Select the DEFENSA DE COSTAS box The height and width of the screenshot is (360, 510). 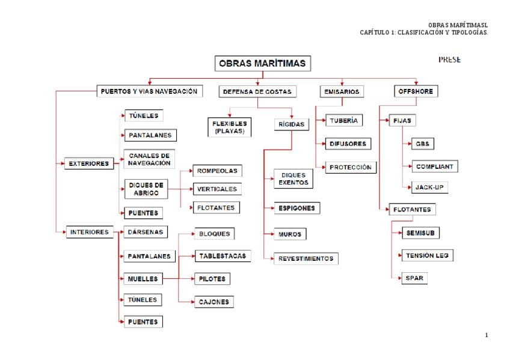click(257, 92)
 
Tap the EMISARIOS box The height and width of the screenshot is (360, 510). click(341, 92)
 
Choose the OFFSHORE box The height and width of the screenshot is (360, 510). click(416, 92)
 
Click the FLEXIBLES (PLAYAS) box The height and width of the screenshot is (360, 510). click(229, 127)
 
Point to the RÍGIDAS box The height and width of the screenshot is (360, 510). click(292, 124)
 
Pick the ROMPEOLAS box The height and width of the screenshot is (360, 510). click(217, 171)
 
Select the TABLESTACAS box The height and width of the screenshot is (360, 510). click(222, 256)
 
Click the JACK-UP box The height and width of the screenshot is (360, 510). click(429, 188)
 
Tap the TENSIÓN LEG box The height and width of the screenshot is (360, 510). click(427, 255)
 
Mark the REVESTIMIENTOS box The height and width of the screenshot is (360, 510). click(306, 259)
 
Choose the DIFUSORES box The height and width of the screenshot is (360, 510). click(348, 144)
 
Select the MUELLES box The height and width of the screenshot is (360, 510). click(143, 279)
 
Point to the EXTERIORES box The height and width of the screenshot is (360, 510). click(89, 163)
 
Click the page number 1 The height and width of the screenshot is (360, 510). click(486, 335)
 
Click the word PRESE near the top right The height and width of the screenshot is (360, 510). click(449, 59)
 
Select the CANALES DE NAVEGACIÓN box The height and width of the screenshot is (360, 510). click(149, 159)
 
